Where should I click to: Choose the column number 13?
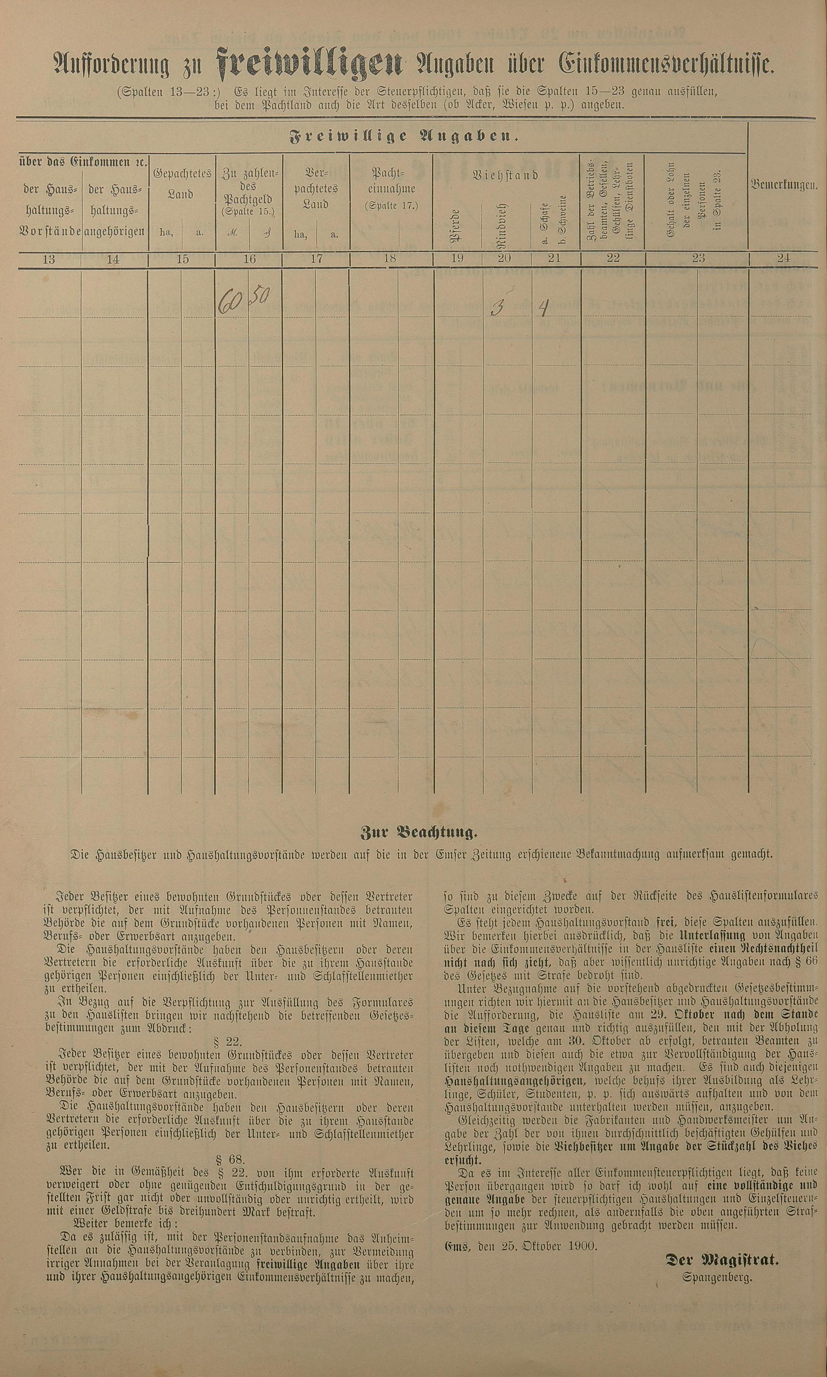(x=49, y=259)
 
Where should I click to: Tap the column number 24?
(x=784, y=258)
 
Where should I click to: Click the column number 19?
(x=457, y=258)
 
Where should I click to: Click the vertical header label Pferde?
(x=455, y=226)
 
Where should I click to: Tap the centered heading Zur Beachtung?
(x=418, y=834)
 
